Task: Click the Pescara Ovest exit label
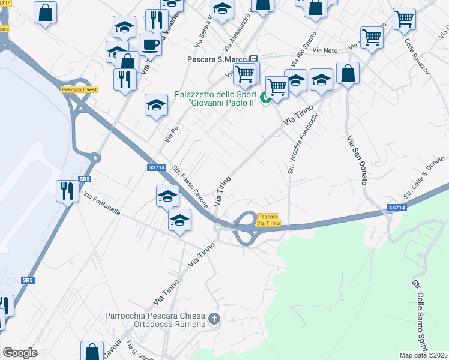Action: [79, 89]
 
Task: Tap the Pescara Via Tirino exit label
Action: [268, 220]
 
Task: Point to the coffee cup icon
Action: [149, 44]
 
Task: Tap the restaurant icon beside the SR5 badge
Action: [67, 191]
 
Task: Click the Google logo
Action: [20, 352]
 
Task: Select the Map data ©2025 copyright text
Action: [424, 355]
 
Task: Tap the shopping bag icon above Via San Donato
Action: [348, 74]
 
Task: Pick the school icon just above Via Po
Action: [156, 105]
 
